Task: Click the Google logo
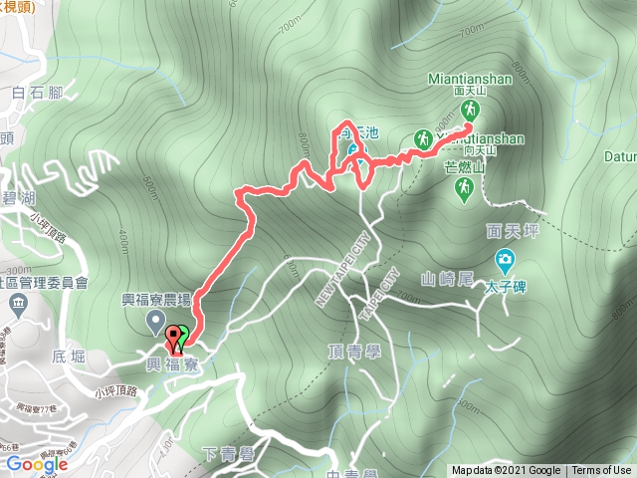tap(35, 464)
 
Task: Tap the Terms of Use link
tap(601, 471)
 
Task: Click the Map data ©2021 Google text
tap(507, 471)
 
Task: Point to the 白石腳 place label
tap(36, 93)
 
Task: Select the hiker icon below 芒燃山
tap(463, 187)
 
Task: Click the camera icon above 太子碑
tap(506, 262)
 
